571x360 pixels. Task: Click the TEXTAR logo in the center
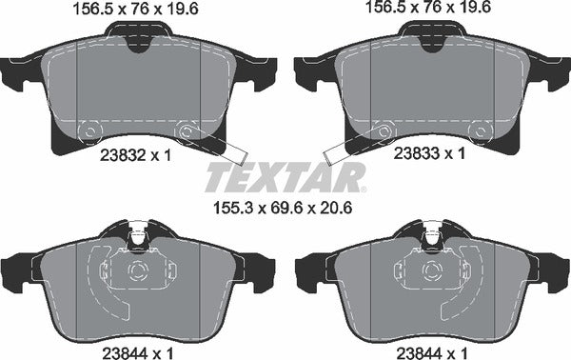pyautogui.click(x=285, y=177)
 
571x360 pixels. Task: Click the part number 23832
pyautogui.click(x=123, y=156)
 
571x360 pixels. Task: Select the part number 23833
pyautogui.click(x=417, y=153)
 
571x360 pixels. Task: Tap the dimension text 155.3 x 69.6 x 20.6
pyautogui.click(x=283, y=209)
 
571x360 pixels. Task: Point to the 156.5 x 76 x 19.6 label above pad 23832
pyautogui.click(x=136, y=9)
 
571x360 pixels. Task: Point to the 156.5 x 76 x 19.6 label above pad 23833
pyautogui.click(x=428, y=7)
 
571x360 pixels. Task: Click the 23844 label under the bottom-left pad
pyautogui.click(x=125, y=353)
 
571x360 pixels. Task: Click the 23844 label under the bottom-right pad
pyautogui.click(x=419, y=353)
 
